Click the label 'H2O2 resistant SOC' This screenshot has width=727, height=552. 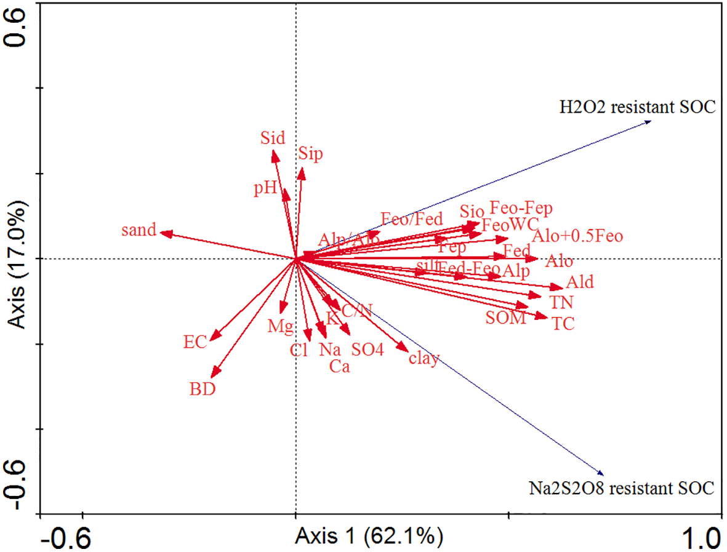point(637,107)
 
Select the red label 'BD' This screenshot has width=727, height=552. point(203,390)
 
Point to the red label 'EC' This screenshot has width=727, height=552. point(195,343)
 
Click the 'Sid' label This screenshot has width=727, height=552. point(272,137)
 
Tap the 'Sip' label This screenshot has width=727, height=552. point(310,154)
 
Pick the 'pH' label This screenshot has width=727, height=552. point(265,188)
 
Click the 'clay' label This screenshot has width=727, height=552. point(424,359)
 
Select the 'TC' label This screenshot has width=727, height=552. point(563,324)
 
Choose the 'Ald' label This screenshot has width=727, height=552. point(580,282)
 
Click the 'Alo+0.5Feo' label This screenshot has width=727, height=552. point(577,236)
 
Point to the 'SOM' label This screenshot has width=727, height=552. point(505,318)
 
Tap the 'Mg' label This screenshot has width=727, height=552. point(280,327)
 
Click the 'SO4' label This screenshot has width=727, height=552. point(368,350)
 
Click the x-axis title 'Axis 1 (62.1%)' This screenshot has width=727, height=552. point(369,536)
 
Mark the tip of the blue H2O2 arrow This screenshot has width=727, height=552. point(651,122)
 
